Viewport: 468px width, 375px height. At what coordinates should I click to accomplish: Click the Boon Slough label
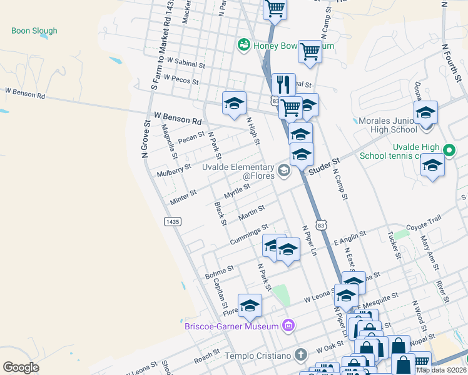pos(34,31)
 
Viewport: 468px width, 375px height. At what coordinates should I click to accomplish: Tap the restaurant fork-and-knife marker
pos(283,84)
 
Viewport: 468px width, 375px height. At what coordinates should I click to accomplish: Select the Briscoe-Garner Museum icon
pos(288,326)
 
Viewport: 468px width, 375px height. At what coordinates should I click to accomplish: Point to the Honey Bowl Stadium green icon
pos(243,45)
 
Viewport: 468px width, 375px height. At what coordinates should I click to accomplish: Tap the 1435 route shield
pos(173,221)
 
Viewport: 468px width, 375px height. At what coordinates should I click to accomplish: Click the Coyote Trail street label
pos(424,222)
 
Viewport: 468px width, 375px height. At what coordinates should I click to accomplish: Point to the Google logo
pos(21,367)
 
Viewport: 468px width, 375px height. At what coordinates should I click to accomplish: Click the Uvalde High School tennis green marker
pos(449,151)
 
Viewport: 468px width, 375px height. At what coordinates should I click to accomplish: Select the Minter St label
pos(183,198)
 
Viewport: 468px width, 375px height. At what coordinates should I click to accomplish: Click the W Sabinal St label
pos(186,64)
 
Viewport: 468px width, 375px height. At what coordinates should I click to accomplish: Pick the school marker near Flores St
pos(250,306)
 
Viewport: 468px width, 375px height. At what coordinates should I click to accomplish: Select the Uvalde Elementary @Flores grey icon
pos(284,171)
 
